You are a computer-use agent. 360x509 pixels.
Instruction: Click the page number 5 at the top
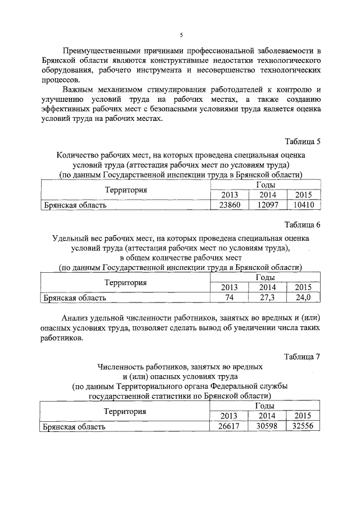pos(181,35)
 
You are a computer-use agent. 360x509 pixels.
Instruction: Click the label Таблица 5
pos(303,141)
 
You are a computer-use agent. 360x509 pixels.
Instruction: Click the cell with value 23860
pos(229,205)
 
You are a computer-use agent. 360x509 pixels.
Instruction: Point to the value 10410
pos(303,205)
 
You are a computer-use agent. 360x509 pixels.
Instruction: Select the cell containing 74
pos(229,298)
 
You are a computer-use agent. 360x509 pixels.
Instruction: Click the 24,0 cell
pos(303,298)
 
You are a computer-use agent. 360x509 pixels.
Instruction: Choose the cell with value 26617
pos(229,427)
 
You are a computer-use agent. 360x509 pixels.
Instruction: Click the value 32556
pos(303,427)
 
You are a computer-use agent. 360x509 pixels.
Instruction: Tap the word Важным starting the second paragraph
pos(78,89)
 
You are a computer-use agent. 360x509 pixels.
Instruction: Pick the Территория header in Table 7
pos(125,411)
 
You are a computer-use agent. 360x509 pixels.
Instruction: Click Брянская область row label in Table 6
pos(75,298)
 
